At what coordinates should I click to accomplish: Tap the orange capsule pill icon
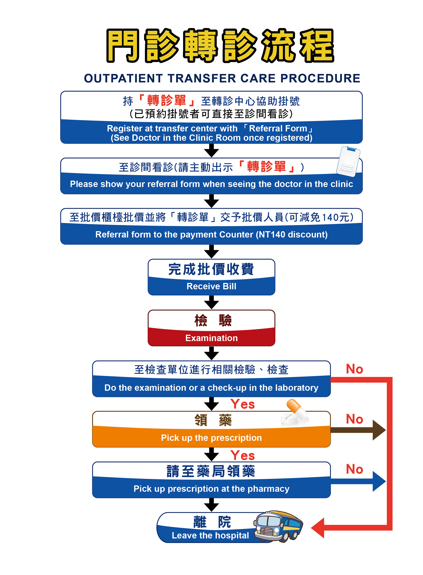pyautogui.click(x=296, y=409)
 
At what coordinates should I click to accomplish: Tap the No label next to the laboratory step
pyautogui.click(x=354, y=369)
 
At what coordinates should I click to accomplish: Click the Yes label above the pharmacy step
pyautogui.click(x=242, y=455)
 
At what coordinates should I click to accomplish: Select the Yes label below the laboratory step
pyautogui.click(x=242, y=404)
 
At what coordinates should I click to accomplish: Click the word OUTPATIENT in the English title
pyautogui.click(x=123, y=78)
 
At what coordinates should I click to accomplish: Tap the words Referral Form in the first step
pyautogui.click(x=278, y=128)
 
